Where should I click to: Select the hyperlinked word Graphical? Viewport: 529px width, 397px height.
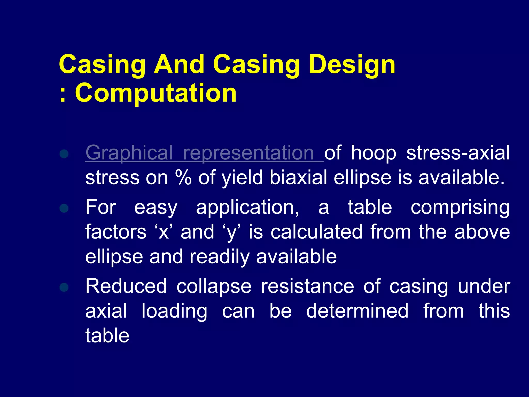(129, 153)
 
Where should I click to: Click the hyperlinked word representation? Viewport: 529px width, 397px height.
(248, 153)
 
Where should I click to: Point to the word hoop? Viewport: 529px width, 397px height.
(374, 153)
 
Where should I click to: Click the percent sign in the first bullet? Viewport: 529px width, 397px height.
(183, 178)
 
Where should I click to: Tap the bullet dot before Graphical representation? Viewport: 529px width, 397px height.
(64, 154)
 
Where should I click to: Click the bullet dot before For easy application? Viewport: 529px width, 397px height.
(64, 208)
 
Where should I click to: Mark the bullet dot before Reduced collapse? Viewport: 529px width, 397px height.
(64, 287)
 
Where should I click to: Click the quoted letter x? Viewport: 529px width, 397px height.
(164, 232)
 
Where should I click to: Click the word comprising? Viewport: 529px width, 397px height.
(460, 208)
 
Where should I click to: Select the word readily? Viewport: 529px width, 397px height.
(220, 257)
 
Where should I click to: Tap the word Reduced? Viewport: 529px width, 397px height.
(126, 286)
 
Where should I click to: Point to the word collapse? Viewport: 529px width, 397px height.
(214, 286)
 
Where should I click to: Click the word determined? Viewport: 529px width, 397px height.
(357, 311)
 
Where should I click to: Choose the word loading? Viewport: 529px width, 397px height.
(174, 311)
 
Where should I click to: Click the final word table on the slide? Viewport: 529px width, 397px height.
(107, 335)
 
